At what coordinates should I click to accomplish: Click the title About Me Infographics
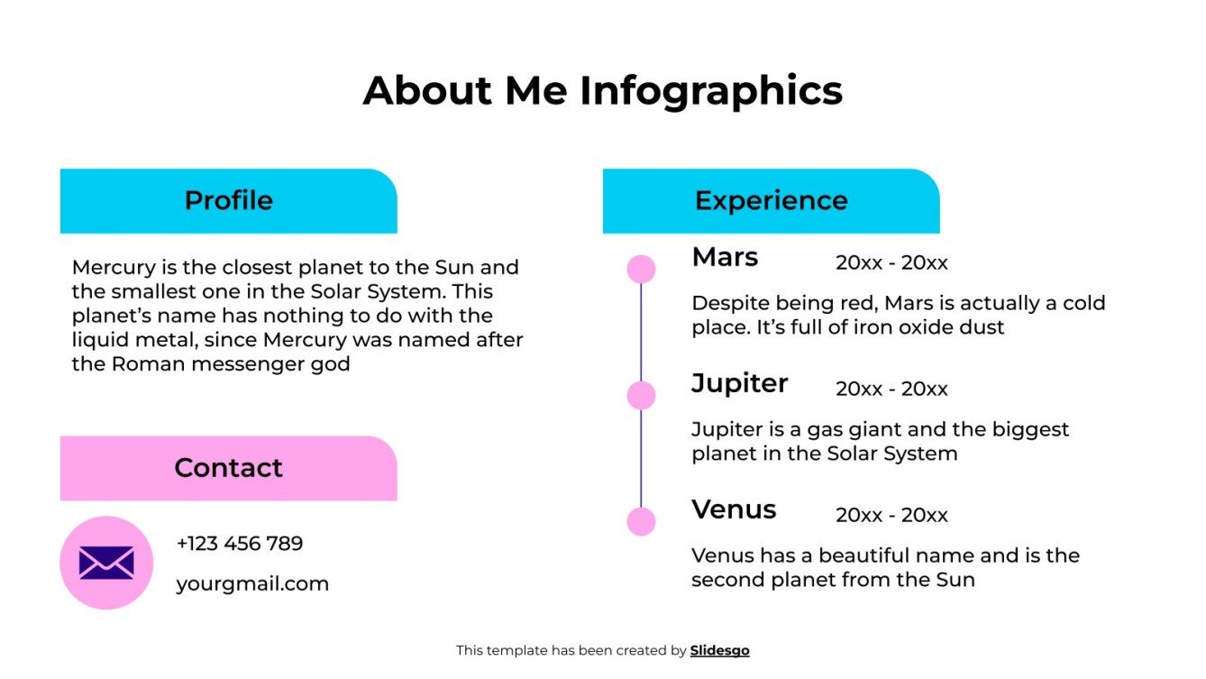tap(602, 91)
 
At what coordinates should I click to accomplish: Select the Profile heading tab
tap(228, 200)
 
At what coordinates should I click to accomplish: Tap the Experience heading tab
tap(771, 200)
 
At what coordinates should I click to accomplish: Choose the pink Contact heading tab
tap(228, 468)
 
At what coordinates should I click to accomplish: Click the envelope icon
tap(106, 563)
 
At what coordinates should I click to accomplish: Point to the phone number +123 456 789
tap(240, 544)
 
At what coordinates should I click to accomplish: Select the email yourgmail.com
tap(252, 583)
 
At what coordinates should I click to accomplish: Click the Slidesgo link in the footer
tap(719, 650)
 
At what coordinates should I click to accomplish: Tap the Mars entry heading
tap(725, 257)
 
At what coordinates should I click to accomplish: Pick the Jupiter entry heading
tap(739, 383)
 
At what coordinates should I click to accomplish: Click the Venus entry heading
tap(734, 509)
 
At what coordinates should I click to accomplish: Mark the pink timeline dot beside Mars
tap(641, 269)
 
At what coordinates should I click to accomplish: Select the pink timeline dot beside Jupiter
tap(641, 395)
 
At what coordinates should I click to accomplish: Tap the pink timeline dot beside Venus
tap(641, 521)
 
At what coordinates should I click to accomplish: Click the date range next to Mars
tap(891, 262)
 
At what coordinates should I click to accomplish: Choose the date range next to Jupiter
tap(891, 389)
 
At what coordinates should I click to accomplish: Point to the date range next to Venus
tap(891, 515)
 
